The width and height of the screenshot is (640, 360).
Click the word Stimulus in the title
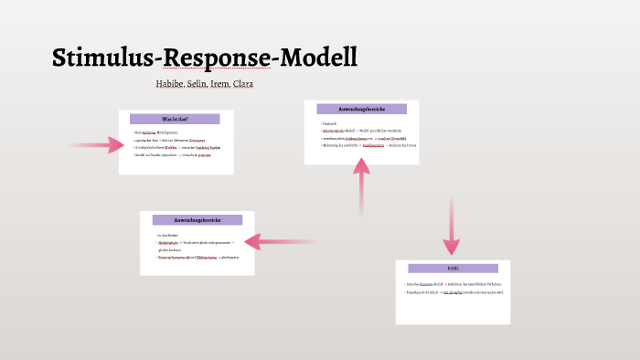(x=104, y=58)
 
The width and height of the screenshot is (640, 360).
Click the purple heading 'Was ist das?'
(x=175, y=119)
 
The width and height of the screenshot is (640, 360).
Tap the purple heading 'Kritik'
(x=452, y=269)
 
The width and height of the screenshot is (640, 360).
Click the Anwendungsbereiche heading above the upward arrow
(x=361, y=110)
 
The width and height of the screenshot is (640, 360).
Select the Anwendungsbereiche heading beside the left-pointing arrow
(x=197, y=220)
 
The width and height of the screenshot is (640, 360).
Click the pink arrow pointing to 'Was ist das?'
(x=91, y=144)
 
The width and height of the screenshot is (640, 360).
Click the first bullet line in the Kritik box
(x=453, y=285)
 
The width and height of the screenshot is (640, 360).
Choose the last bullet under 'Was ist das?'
(x=175, y=155)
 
